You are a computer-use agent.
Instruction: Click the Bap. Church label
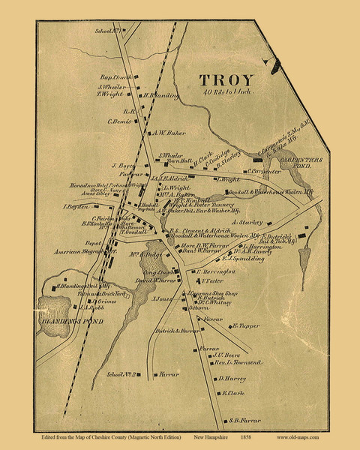[116, 77]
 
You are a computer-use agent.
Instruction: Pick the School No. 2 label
[124, 373]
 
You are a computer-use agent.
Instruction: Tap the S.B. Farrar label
[244, 419]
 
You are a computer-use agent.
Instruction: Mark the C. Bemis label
[120, 121]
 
